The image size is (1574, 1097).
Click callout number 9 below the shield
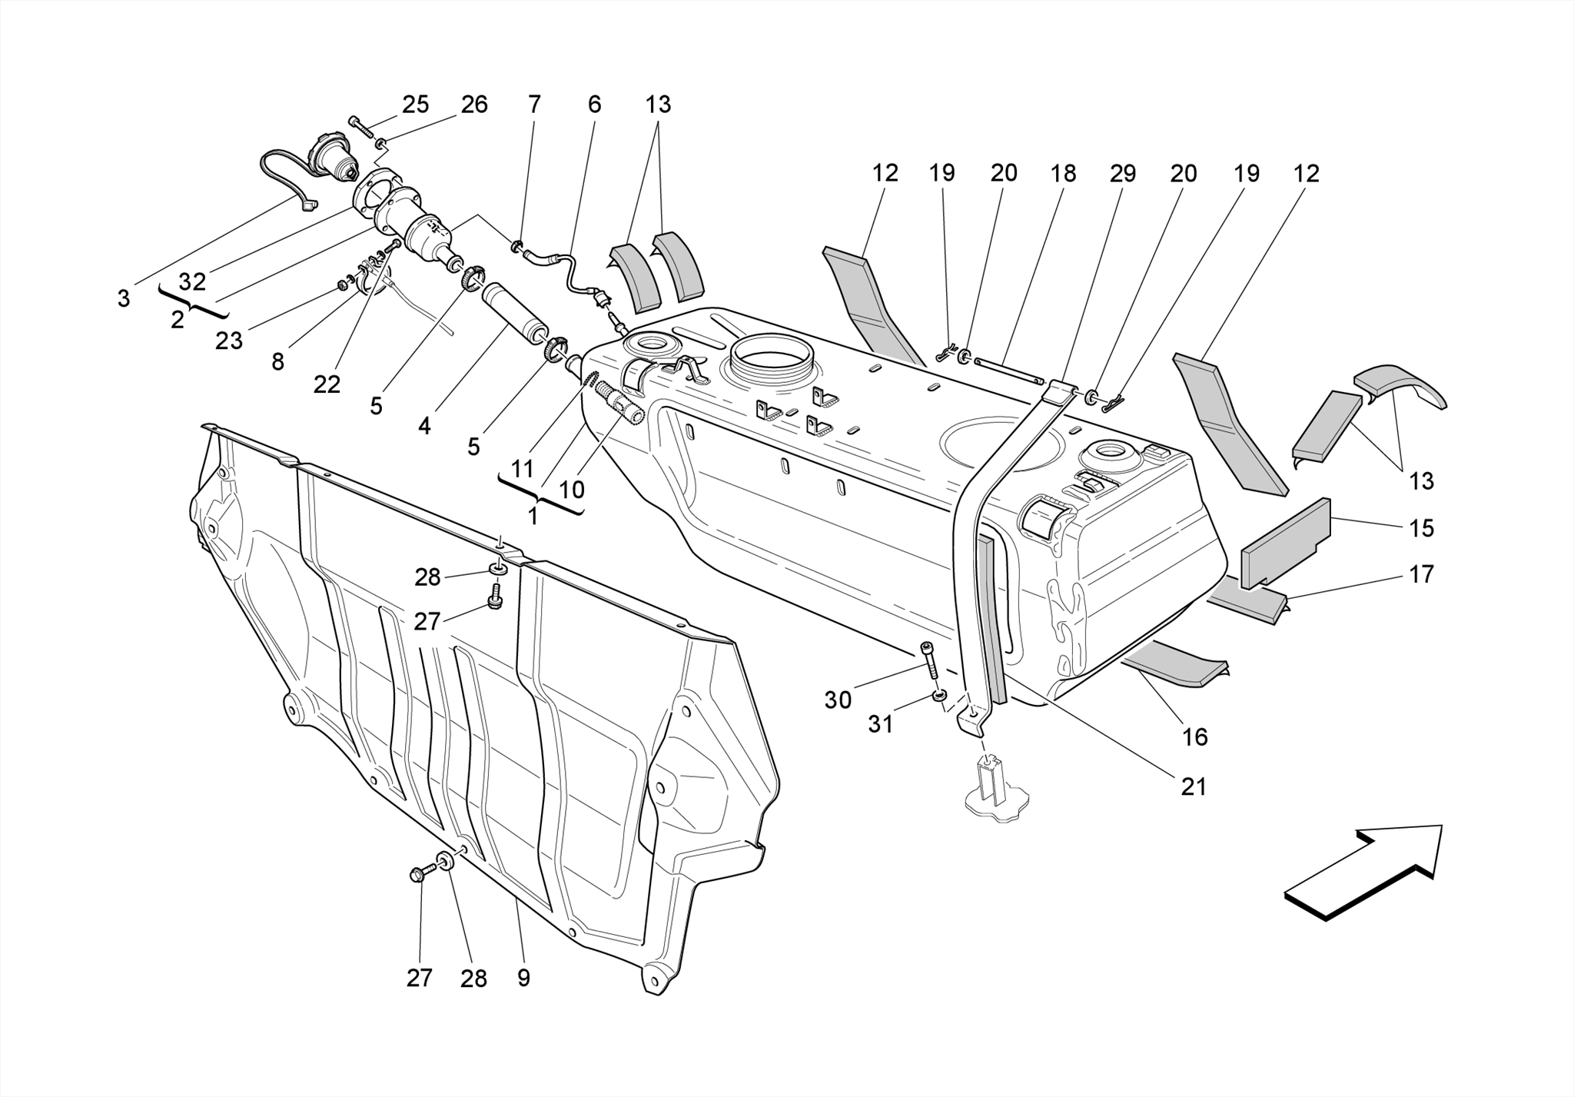click(x=523, y=978)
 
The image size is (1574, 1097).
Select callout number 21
click(x=1193, y=786)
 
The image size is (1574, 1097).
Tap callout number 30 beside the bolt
click(x=838, y=700)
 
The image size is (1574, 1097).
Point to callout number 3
click(x=124, y=298)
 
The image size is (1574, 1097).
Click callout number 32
click(x=192, y=282)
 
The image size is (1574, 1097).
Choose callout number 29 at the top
click(x=1122, y=174)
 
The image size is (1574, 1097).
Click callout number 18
click(x=1063, y=174)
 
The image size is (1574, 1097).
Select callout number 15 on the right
click(x=1421, y=528)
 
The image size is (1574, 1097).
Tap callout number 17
click(x=1421, y=574)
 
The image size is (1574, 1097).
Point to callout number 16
click(x=1194, y=736)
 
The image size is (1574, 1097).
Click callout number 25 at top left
click(x=415, y=105)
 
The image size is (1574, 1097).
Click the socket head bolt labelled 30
click(x=930, y=660)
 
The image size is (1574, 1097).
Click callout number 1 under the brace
click(x=533, y=517)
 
